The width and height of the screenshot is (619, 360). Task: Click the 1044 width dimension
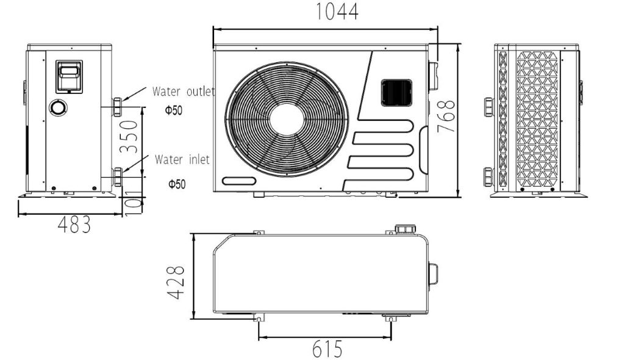[x=337, y=12]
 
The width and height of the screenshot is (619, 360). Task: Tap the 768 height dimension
[x=446, y=116]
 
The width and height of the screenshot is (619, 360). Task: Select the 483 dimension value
[x=74, y=225]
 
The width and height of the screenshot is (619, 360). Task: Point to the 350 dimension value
[x=129, y=137]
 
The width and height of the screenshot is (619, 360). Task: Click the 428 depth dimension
[x=176, y=282]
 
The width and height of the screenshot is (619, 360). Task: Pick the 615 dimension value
[x=327, y=349]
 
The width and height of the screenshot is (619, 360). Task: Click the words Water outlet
[x=183, y=92]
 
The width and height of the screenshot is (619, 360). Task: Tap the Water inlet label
[x=182, y=160]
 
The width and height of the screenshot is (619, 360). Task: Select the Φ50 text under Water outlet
[x=174, y=110]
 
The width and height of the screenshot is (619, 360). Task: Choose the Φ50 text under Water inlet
[x=177, y=184]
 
